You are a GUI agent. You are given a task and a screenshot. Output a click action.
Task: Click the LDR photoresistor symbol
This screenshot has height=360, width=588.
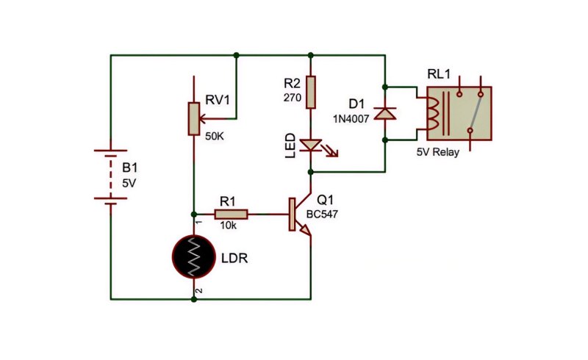(194, 256)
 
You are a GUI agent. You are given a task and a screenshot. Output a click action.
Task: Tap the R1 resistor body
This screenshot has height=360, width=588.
(231, 214)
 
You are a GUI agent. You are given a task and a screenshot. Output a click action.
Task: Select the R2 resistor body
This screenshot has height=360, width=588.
(311, 93)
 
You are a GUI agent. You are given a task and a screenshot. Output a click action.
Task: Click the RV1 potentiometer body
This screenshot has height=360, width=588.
(194, 118)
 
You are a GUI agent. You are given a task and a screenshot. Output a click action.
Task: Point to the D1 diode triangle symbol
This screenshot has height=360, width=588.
(385, 113)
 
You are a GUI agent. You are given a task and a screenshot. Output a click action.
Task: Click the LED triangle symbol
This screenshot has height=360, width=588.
(311, 145)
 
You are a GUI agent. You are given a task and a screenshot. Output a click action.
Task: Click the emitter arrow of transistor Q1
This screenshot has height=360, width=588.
(305, 230)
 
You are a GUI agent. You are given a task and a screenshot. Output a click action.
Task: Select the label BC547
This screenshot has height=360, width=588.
(322, 214)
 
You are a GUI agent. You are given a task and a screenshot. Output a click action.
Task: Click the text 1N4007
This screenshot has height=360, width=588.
(351, 119)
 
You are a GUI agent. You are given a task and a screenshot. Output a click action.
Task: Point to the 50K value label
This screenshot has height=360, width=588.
(215, 136)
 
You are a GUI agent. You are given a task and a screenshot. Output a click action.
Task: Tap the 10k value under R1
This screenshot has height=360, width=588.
(229, 226)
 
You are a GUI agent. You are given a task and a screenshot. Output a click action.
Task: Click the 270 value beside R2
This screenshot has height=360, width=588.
(293, 98)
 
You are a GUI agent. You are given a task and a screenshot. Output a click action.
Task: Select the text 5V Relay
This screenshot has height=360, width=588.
(438, 152)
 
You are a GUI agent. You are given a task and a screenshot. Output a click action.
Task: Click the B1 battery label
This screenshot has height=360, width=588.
(130, 168)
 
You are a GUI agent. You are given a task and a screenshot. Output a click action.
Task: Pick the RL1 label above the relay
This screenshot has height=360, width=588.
(439, 74)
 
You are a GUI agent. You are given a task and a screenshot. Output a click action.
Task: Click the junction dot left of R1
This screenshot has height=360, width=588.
(194, 214)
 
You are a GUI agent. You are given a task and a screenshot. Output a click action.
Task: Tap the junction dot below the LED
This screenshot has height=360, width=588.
(310, 172)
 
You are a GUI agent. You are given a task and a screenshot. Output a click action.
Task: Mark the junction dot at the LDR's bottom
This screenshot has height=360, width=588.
(194, 299)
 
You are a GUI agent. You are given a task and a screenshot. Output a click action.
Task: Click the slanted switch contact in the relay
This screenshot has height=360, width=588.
(476, 112)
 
